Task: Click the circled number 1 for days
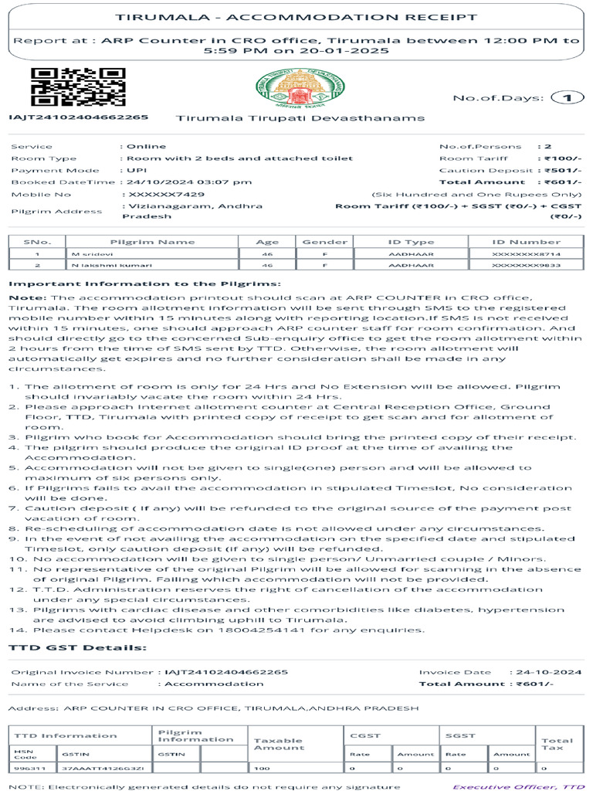pyautogui.click(x=568, y=97)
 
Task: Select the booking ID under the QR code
pyautogui.click(x=78, y=117)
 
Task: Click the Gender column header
pyautogui.click(x=324, y=242)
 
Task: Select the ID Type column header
pyautogui.click(x=411, y=242)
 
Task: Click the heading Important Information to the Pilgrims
pyautogui.click(x=144, y=284)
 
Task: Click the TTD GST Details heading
pyautogui.click(x=77, y=647)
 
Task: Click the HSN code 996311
pyautogui.click(x=23, y=769)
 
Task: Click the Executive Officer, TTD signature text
pyautogui.click(x=518, y=786)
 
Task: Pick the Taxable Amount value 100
pyautogui.click(x=263, y=769)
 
